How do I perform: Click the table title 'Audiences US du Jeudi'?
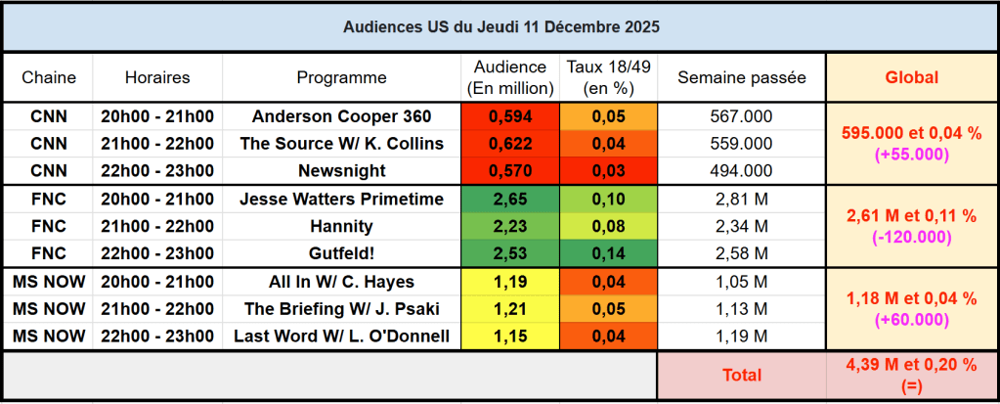pos(500,27)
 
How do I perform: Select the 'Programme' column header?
pos(341,77)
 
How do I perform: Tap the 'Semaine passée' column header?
pos(741,77)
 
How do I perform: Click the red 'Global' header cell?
pos(911,77)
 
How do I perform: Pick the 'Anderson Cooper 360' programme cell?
pos(341,116)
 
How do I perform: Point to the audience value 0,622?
pos(509,144)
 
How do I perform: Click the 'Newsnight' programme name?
pos(341,171)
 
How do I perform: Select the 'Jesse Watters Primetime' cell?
pos(341,200)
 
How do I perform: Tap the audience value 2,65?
pos(509,200)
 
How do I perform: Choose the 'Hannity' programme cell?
pos(341,227)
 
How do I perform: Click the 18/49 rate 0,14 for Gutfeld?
pos(609,254)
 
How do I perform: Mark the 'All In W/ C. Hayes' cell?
pos(341,283)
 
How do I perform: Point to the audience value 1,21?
pos(509,310)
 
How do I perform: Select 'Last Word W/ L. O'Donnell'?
pos(341,337)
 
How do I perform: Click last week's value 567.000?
pos(741,116)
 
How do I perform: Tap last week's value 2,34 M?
pos(741,227)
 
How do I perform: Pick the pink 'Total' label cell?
pos(741,375)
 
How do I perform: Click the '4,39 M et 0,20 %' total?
pos(911,364)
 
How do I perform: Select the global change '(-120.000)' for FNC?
pos(911,238)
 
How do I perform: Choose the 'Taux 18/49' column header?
pos(609,77)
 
